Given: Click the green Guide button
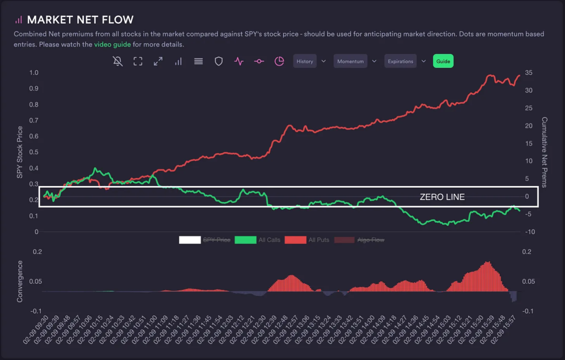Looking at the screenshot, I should pyautogui.click(x=443, y=61).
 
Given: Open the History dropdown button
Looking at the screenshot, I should pyautogui.click(x=305, y=61).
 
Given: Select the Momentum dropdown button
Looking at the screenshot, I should pyautogui.click(x=350, y=61).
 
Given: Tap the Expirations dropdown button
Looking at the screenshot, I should pyautogui.click(x=401, y=61).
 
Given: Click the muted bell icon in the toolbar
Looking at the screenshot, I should pyautogui.click(x=118, y=61).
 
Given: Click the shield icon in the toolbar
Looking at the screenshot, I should pyautogui.click(x=218, y=61).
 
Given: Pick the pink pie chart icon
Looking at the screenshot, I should pyautogui.click(x=279, y=61).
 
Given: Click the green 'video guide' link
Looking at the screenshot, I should pyautogui.click(x=113, y=44).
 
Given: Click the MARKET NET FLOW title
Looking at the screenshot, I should pyautogui.click(x=80, y=20).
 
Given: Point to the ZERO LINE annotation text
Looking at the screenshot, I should pyautogui.click(x=442, y=197).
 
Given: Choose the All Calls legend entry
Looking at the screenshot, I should pyautogui.click(x=269, y=240).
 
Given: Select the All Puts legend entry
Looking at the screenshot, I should pyautogui.click(x=319, y=240).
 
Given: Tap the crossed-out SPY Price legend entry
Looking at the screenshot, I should pyautogui.click(x=216, y=240).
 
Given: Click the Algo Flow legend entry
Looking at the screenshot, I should pyautogui.click(x=371, y=240).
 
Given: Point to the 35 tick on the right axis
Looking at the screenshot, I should pyautogui.click(x=528, y=73).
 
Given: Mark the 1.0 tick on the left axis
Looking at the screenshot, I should pyautogui.click(x=34, y=73).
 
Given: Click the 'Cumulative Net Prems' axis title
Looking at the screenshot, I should pyautogui.click(x=544, y=152).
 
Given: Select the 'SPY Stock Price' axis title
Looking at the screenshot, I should pyautogui.click(x=20, y=152).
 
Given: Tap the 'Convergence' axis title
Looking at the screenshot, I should pyautogui.click(x=20, y=281).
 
